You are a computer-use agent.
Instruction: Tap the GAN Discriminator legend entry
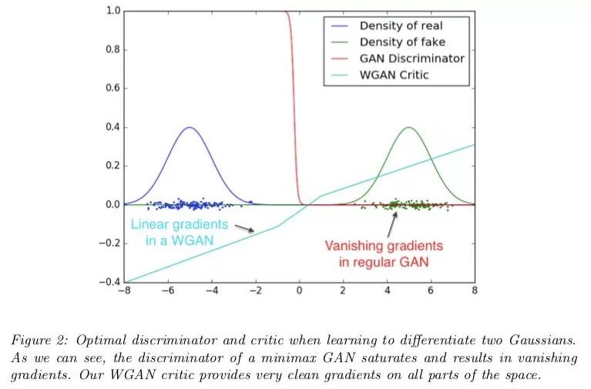pos(411,59)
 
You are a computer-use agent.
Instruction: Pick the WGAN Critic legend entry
pos(393,75)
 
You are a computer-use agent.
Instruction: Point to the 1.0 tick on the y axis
pos(112,11)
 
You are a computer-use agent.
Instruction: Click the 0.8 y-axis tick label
pos(112,50)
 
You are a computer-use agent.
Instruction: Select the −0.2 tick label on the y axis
pos(109,243)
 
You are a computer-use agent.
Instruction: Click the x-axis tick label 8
pos(475,291)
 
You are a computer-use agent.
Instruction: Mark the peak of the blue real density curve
pos(190,127)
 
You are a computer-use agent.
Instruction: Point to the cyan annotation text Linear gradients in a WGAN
pos(180,232)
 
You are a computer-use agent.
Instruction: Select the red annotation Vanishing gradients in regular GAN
pos(383,253)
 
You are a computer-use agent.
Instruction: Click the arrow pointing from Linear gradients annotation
pos(244,228)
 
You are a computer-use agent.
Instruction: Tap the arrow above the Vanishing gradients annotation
pos(395,223)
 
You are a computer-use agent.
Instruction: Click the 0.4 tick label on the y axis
pos(112,127)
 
